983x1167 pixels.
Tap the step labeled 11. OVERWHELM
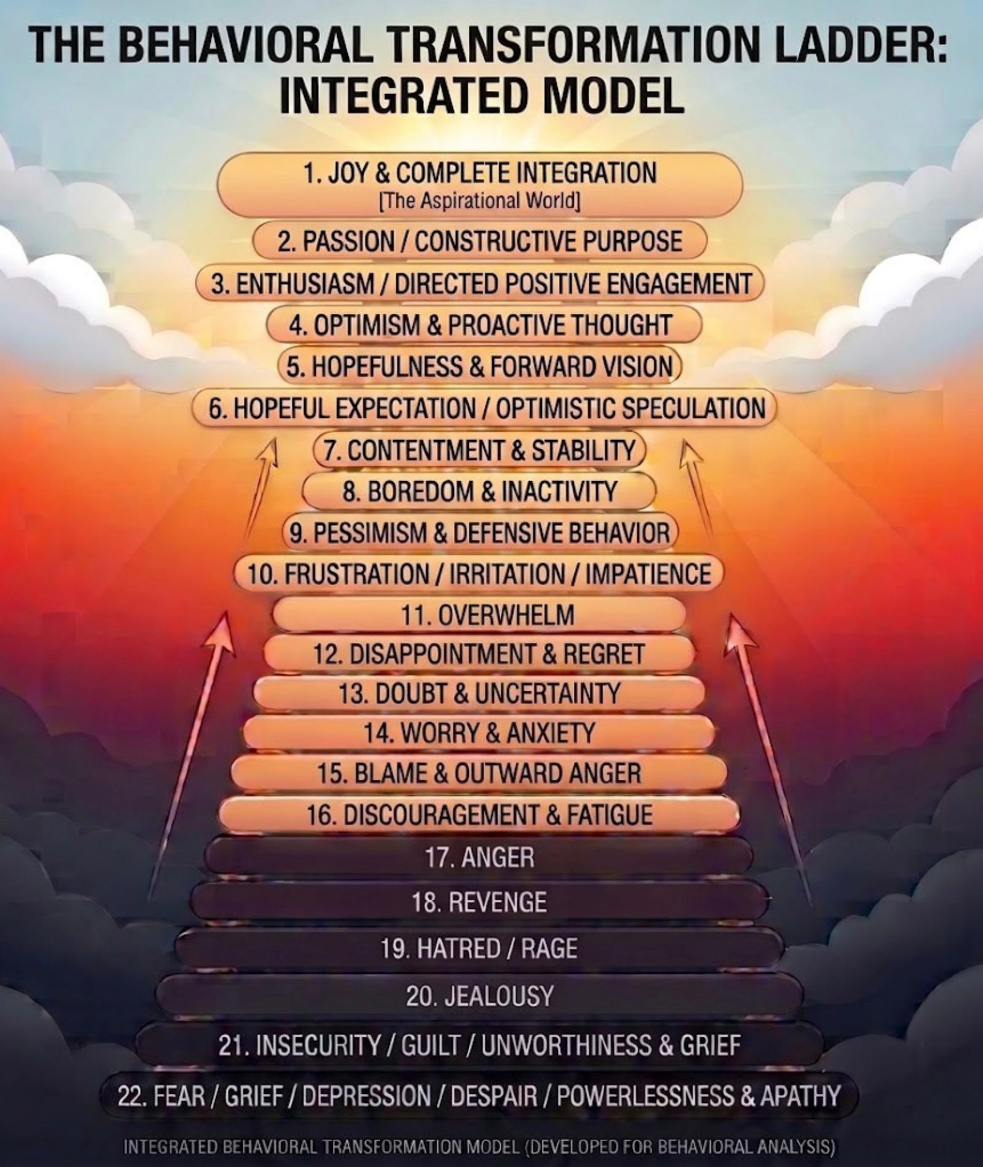pyautogui.click(x=479, y=615)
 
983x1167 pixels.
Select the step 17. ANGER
pyautogui.click(x=479, y=857)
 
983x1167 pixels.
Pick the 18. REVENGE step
pyautogui.click(x=479, y=902)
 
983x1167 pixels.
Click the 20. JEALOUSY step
pyautogui.click(x=479, y=996)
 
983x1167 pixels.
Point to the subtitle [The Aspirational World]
pyautogui.click(x=480, y=202)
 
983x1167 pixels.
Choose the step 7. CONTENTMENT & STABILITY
pyautogui.click(x=479, y=450)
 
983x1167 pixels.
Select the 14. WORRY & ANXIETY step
pyautogui.click(x=479, y=733)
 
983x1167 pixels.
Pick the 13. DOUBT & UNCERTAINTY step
pyautogui.click(x=479, y=693)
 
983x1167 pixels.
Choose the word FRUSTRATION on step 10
pyautogui.click(x=356, y=574)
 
